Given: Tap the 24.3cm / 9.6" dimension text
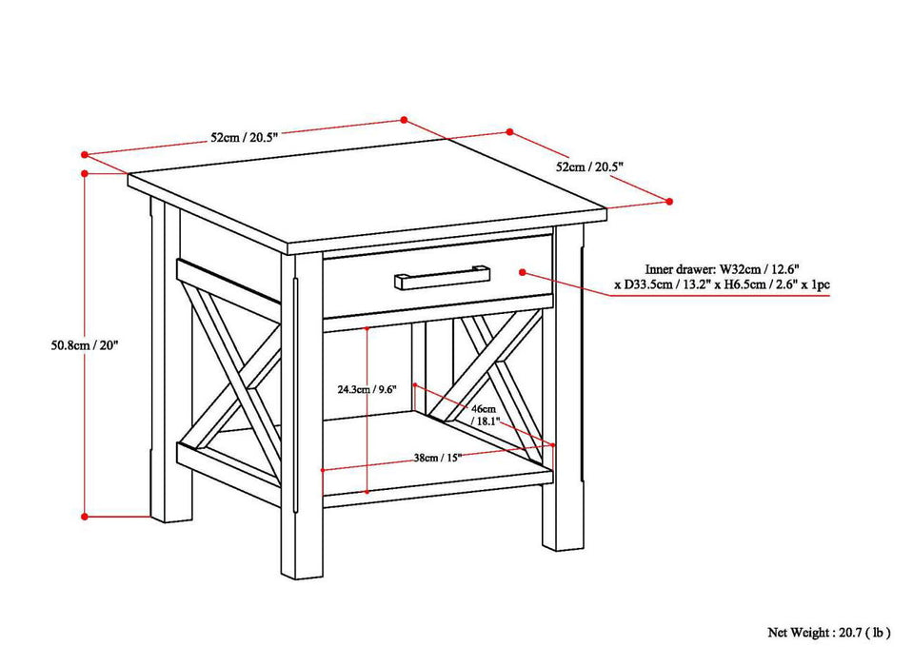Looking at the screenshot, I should [x=339, y=388].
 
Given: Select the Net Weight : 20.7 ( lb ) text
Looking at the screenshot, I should [x=829, y=631].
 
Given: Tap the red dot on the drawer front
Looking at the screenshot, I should [x=523, y=271].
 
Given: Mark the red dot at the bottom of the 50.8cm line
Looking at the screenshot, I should [x=86, y=517].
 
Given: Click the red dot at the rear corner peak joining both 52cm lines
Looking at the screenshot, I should [x=404, y=120].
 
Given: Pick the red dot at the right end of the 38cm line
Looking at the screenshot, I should [x=553, y=442].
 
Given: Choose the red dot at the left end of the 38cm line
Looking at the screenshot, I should [x=324, y=469].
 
